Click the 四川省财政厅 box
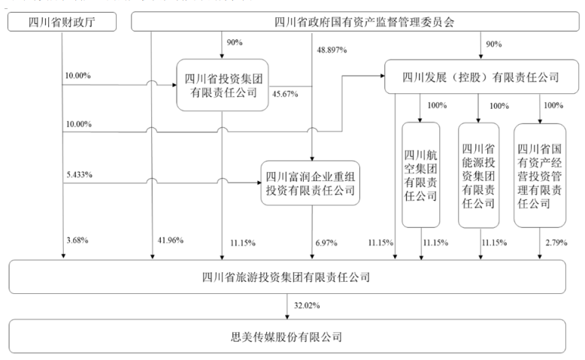coord(62,21)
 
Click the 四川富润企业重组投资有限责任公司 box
coord(311,183)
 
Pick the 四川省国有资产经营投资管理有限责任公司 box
coord(540,174)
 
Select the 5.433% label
coord(79,175)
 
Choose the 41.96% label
coord(169,241)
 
